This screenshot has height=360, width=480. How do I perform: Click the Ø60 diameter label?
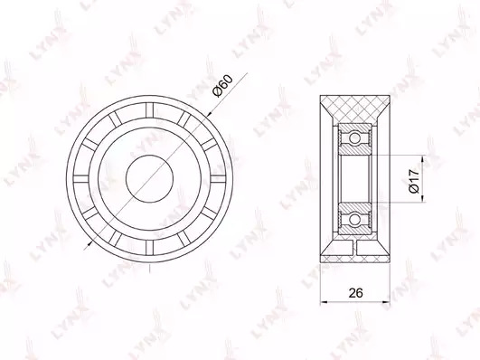[x=223, y=86]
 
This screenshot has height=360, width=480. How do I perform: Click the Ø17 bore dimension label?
[x=414, y=181]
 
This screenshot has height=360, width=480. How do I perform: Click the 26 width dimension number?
[x=355, y=293]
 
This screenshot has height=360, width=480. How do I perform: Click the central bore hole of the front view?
[x=150, y=178]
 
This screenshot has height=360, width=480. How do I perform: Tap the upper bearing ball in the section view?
[x=354, y=137]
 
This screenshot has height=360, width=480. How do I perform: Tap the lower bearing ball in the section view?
[x=354, y=220]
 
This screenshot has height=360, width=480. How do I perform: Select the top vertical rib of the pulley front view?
[x=150, y=109]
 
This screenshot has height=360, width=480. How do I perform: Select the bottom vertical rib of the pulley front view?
[x=150, y=248]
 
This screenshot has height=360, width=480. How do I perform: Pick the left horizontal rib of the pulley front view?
[x=81, y=179]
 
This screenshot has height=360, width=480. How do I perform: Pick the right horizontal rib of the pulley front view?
[x=218, y=179]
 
